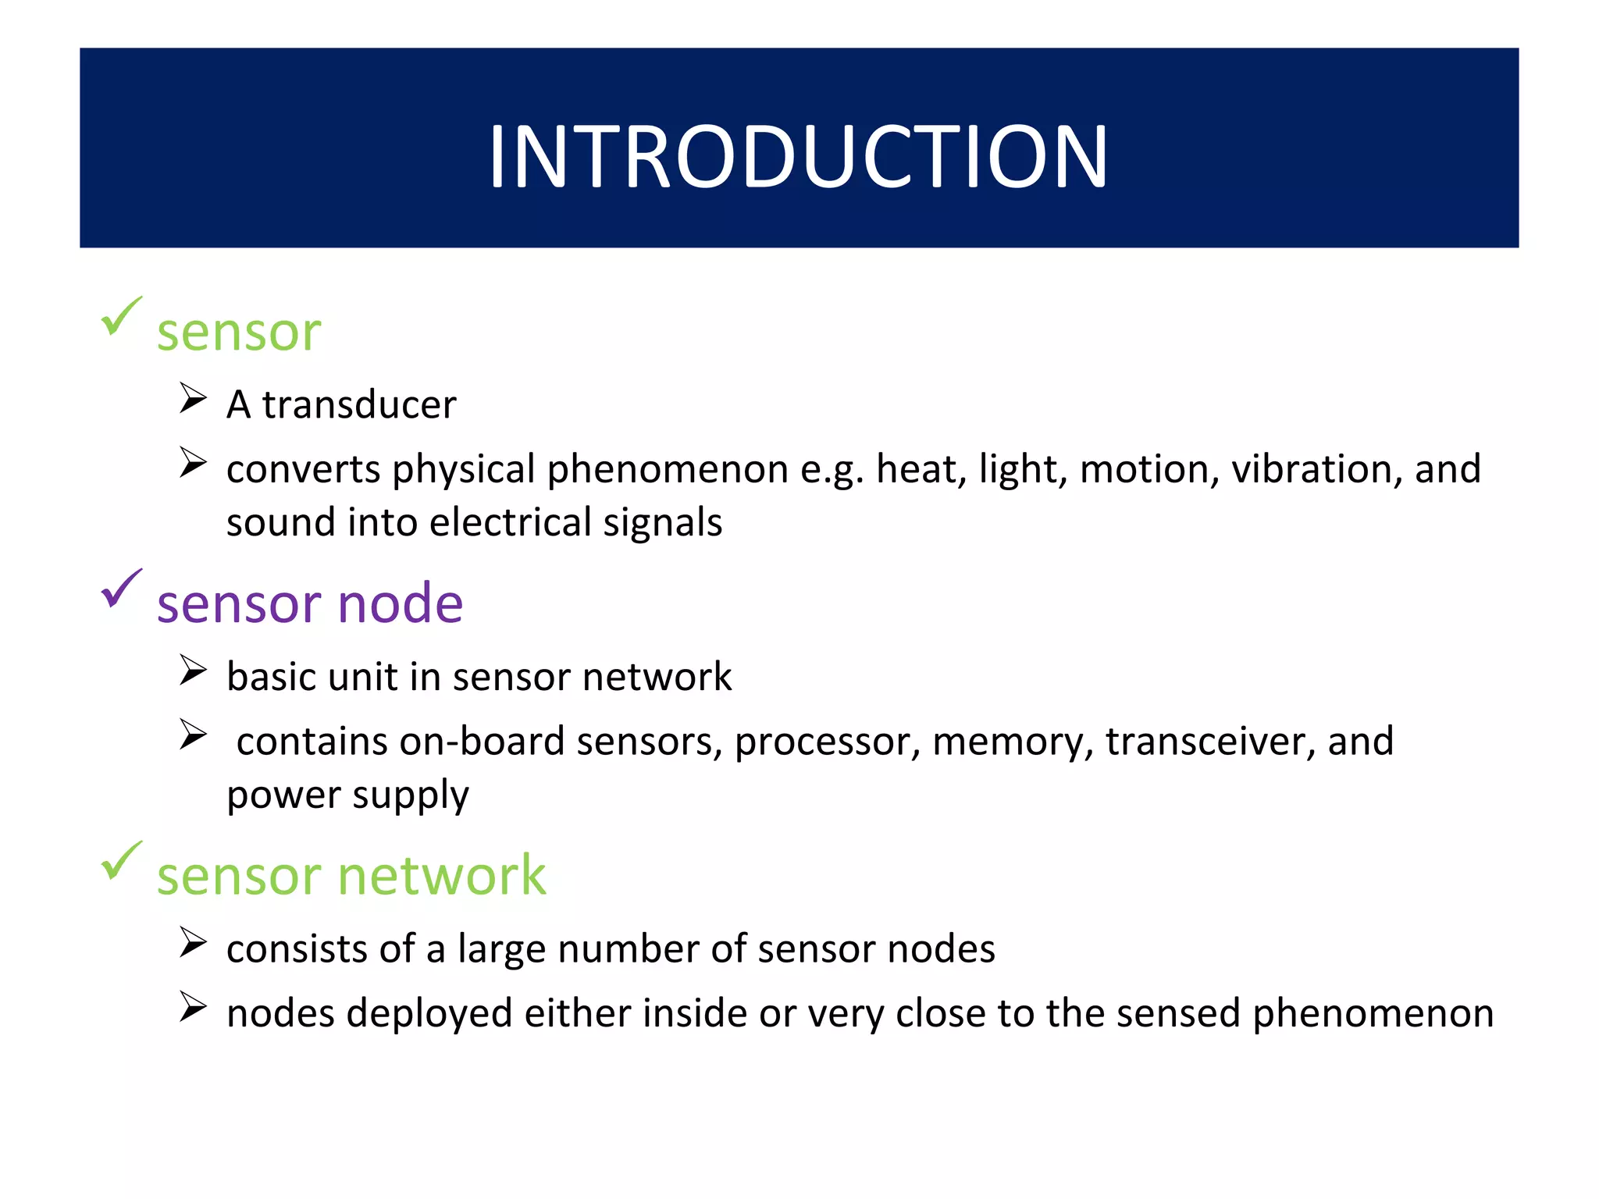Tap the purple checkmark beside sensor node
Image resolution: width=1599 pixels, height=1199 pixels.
click(x=121, y=589)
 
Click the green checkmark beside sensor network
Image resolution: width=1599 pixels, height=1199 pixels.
click(x=121, y=861)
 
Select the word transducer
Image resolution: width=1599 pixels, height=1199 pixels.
click(x=359, y=404)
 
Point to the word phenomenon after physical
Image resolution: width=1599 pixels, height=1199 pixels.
click(x=668, y=470)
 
